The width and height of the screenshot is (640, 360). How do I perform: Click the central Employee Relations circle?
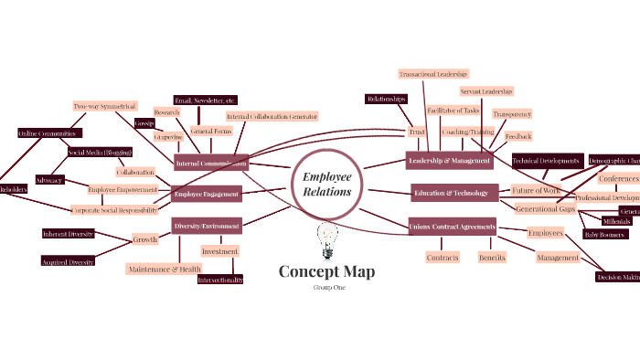click(x=326, y=183)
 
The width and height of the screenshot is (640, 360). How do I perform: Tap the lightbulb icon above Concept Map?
click(x=325, y=240)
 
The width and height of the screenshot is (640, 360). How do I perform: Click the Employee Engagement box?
click(x=206, y=194)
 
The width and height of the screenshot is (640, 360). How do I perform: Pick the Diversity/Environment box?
click(x=207, y=225)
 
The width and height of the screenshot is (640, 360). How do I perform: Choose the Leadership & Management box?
click(x=449, y=161)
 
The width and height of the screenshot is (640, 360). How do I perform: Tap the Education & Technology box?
click(x=454, y=193)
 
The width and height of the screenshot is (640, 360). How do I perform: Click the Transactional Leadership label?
click(x=433, y=73)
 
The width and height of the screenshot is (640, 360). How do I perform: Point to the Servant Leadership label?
click(x=485, y=91)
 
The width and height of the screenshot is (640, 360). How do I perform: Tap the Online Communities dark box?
click(x=43, y=133)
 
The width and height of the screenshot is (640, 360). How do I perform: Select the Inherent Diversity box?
click(x=68, y=234)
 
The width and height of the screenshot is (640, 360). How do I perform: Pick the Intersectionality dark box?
click(x=220, y=280)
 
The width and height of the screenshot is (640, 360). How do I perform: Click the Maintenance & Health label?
click(x=164, y=269)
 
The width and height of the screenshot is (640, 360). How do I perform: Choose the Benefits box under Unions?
click(x=492, y=258)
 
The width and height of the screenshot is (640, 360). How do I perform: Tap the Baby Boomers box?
click(x=603, y=235)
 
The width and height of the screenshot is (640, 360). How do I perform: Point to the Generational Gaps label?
click(x=545, y=209)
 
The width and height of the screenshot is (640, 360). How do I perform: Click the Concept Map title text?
click(x=325, y=271)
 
